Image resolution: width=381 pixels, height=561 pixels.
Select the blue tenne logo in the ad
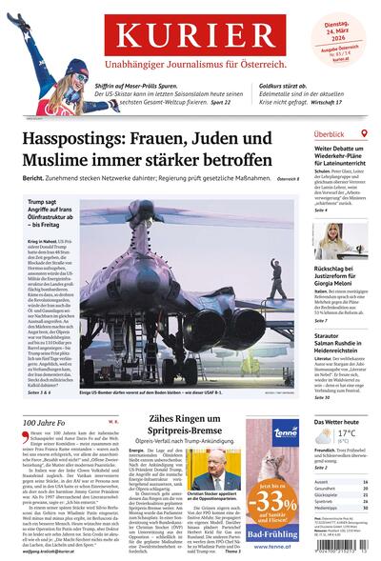pos(286,434)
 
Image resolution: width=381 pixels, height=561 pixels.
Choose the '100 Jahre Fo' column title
pos(44,394)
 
